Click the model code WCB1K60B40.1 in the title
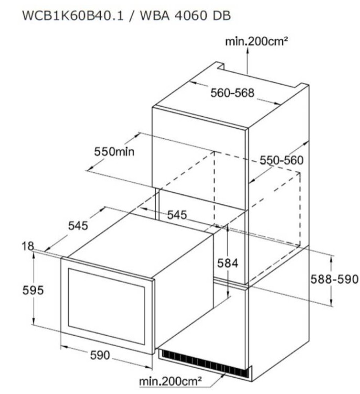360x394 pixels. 73,15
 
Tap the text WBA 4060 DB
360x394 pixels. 185,15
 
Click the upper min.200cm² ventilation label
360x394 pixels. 256,41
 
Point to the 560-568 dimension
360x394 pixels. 232,92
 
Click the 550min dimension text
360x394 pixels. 114,151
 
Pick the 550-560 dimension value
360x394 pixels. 281,160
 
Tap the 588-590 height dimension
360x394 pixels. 334,279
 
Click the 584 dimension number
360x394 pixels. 227,263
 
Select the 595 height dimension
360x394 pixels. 33,290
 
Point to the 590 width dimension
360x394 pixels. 100,355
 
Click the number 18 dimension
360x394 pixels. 28,246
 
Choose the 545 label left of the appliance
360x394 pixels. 78,226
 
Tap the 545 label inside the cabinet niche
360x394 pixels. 177,215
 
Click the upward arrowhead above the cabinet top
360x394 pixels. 247,49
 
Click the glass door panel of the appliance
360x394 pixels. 106,306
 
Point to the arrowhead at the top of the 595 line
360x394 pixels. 34,254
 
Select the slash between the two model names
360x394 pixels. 132,16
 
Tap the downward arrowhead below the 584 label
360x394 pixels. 228,294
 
